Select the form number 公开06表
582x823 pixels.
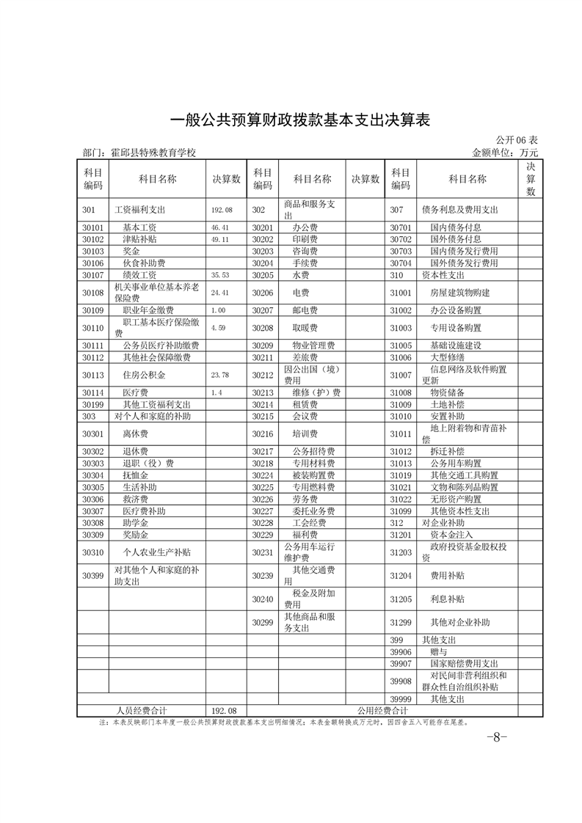coord(517,141)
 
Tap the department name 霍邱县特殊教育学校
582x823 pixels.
coord(153,153)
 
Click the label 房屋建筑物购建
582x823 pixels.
coord(460,293)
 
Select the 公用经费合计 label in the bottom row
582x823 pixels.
coord(382,711)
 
